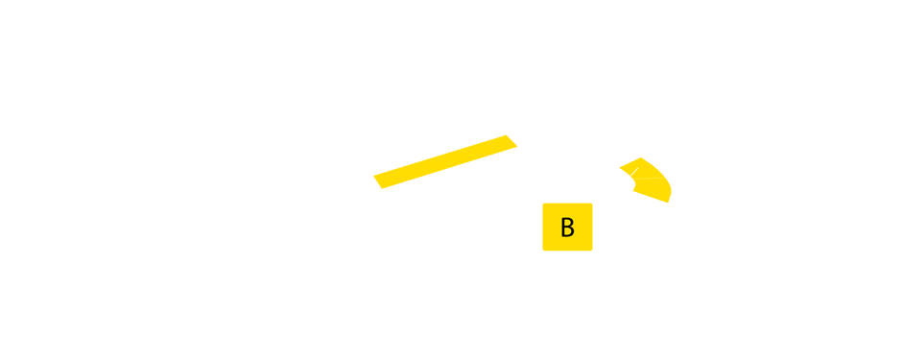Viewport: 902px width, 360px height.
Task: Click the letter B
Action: (x=567, y=228)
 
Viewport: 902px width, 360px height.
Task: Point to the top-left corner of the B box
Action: (x=543, y=204)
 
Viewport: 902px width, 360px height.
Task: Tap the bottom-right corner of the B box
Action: (x=592, y=251)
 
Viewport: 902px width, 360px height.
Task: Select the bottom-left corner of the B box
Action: (x=543, y=251)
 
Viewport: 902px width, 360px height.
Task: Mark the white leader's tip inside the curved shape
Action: (x=638, y=168)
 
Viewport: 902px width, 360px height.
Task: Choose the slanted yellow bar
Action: (x=446, y=161)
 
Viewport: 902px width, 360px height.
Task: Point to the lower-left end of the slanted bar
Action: (x=378, y=182)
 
